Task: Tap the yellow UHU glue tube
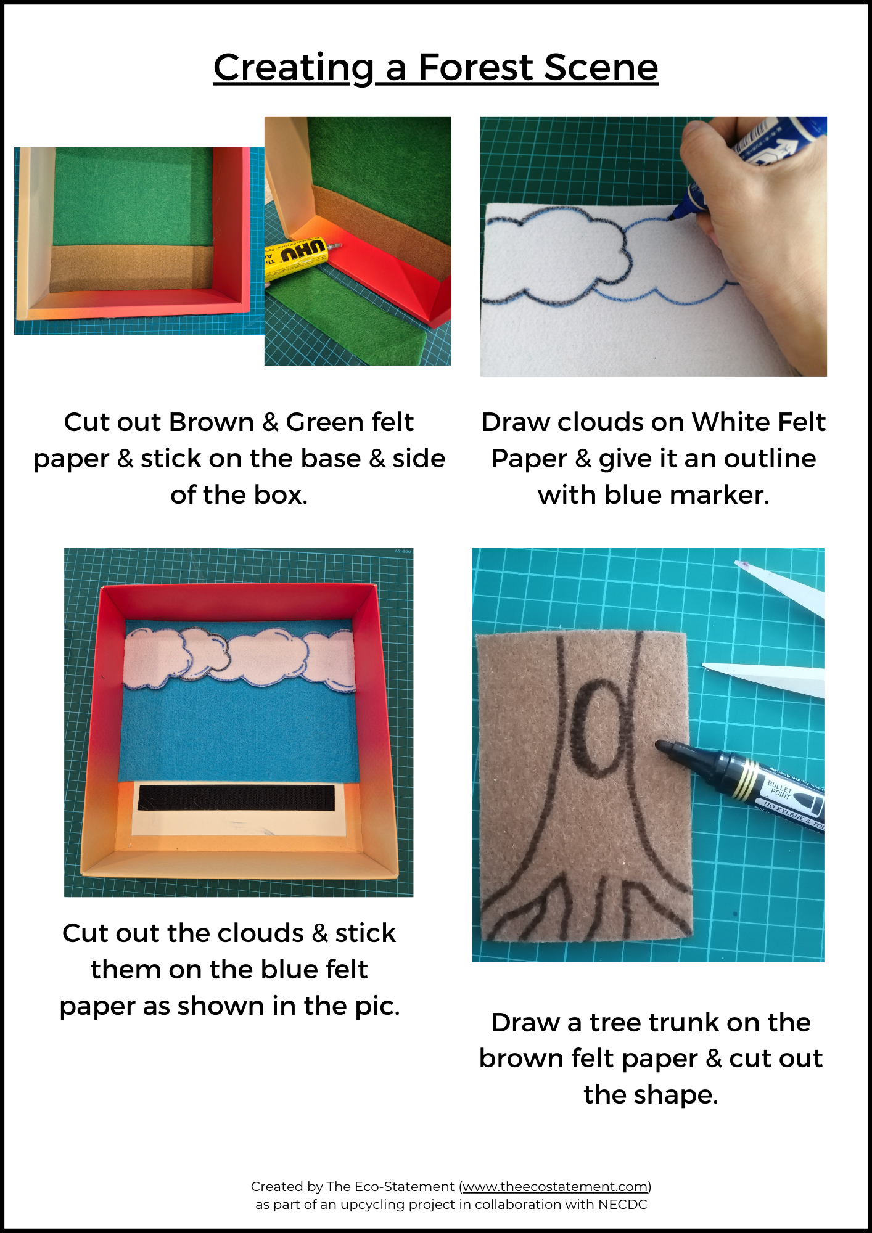299,259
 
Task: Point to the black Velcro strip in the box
236,797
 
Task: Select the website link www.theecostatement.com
555,1186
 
